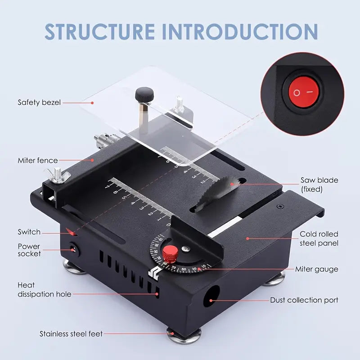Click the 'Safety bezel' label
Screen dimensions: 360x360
(x=39, y=102)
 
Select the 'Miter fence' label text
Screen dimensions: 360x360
(x=38, y=160)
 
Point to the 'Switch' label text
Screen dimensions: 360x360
(x=29, y=232)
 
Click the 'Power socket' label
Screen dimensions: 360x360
(x=29, y=250)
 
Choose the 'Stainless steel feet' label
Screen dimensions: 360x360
(x=71, y=334)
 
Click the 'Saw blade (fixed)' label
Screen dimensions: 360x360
(x=319, y=184)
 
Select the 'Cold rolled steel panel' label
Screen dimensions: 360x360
(x=319, y=238)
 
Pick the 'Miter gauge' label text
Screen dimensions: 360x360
(x=316, y=269)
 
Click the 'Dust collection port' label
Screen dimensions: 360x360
(x=304, y=300)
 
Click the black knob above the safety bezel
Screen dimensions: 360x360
(x=144, y=95)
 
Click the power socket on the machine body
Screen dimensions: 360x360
(x=72, y=249)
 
